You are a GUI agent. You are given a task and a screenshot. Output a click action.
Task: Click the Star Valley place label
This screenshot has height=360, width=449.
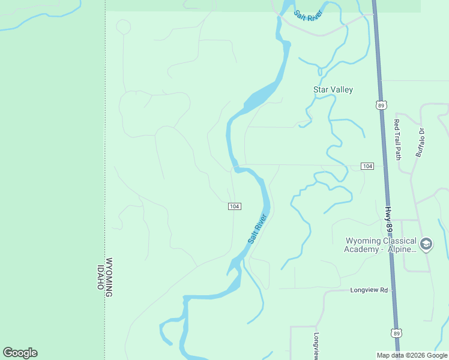point(333,89)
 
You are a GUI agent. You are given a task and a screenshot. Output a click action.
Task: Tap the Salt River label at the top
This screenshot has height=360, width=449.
point(308,15)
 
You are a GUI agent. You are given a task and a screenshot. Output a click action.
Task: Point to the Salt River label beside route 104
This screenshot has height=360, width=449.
point(257,229)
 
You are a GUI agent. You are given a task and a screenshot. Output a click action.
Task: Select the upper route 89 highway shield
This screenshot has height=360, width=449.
point(381,105)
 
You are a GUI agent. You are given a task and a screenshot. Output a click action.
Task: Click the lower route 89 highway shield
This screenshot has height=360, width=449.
point(396,332)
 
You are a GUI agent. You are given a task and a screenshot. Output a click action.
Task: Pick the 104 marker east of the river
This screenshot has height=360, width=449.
point(367,166)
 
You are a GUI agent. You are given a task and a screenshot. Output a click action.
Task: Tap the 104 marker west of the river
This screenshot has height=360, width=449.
point(235,206)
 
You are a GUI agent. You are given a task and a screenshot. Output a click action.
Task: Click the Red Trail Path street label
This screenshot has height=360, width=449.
point(397,139)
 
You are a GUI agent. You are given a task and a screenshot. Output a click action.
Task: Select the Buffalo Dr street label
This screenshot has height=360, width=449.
point(421,142)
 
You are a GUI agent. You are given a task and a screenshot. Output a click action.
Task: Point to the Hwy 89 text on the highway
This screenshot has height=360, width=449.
point(388,221)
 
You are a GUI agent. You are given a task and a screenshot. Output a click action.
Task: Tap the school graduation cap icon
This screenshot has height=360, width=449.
point(426,244)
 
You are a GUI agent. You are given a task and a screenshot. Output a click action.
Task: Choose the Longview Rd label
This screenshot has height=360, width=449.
point(369,290)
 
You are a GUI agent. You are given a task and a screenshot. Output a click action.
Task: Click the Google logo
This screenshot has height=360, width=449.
point(20,353)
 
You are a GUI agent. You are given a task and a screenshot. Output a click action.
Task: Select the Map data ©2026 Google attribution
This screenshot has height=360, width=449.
point(412,355)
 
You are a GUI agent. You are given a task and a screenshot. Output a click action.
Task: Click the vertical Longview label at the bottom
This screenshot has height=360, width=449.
point(316,346)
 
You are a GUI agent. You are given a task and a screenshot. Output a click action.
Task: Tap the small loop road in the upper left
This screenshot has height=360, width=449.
point(123,27)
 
